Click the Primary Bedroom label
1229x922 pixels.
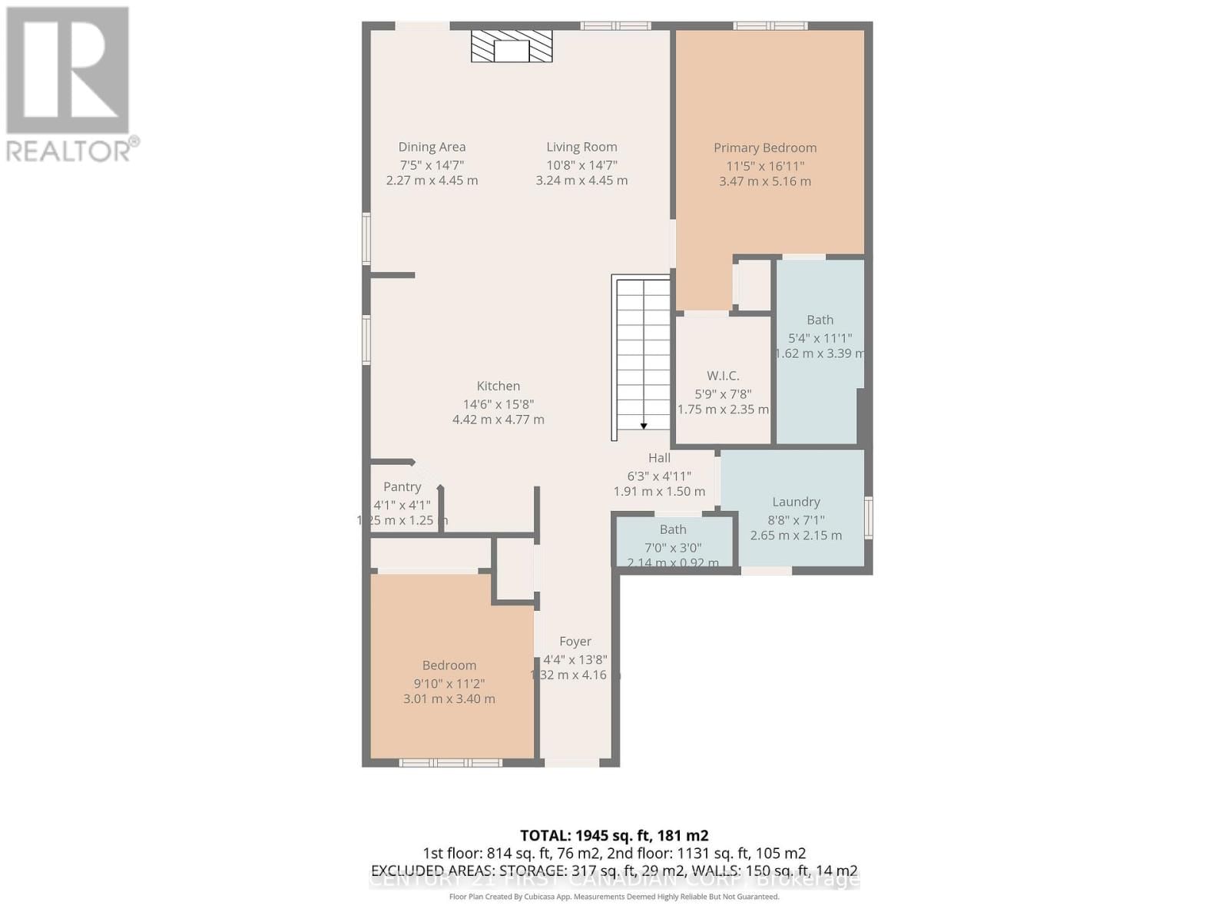pyautogui.click(x=765, y=148)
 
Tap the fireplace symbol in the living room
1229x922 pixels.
pyautogui.click(x=512, y=48)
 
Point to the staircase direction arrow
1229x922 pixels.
pyautogui.click(x=644, y=425)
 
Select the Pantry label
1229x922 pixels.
pyautogui.click(x=402, y=487)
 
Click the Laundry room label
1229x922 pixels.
pyautogui.click(x=796, y=502)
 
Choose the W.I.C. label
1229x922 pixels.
pyautogui.click(x=723, y=376)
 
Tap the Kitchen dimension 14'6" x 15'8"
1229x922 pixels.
pyautogui.click(x=498, y=404)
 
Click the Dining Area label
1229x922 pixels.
pyautogui.click(x=432, y=147)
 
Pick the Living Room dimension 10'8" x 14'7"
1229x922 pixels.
pyautogui.click(x=581, y=165)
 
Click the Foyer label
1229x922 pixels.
pyautogui.click(x=575, y=642)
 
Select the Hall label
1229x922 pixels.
pyautogui.click(x=659, y=458)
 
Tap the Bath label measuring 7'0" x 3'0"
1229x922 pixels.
pyautogui.click(x=673, y=529)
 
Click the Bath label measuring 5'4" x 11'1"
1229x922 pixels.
pyautogui.click(x=820, y=320)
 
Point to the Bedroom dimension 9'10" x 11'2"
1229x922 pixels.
pyautogui.click(x=449, y=684)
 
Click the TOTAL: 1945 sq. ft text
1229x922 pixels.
pyautogui.click(x=614, y=835)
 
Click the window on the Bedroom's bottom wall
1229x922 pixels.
pyautogui.click(x=450, y=762)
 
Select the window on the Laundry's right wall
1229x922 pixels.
pyautogui.click(x=869, y=517)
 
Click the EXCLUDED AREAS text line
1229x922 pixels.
pyautogui.click(x=614, y=871)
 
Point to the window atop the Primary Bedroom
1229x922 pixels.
pyautogui.click(x=770, y=26)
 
